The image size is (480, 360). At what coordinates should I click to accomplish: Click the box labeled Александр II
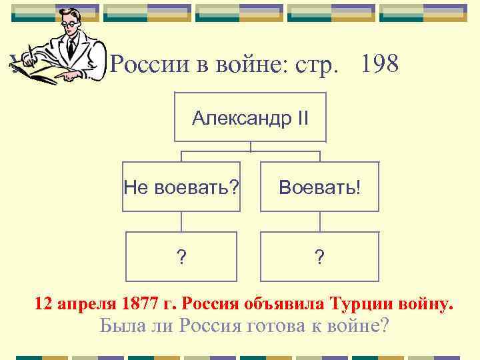click(x=250, y=118)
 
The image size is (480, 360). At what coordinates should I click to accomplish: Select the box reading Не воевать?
click(x=181, y=187)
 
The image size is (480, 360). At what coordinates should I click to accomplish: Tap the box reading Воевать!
click(x=319, y=187)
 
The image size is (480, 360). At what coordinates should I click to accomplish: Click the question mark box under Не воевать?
click(x=181, y=257)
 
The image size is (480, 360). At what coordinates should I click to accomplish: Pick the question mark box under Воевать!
click(x=319, y=257)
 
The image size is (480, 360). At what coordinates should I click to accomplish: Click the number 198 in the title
click(x=379, y=65)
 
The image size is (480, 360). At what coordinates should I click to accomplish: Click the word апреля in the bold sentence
click(x=86, y=305)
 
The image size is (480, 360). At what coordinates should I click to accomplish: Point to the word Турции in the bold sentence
click(x=361, y=305)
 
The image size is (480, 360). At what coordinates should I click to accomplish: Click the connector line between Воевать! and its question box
click(x=320, y=222)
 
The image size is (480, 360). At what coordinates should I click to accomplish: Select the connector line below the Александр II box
click(x=251, y=147)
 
